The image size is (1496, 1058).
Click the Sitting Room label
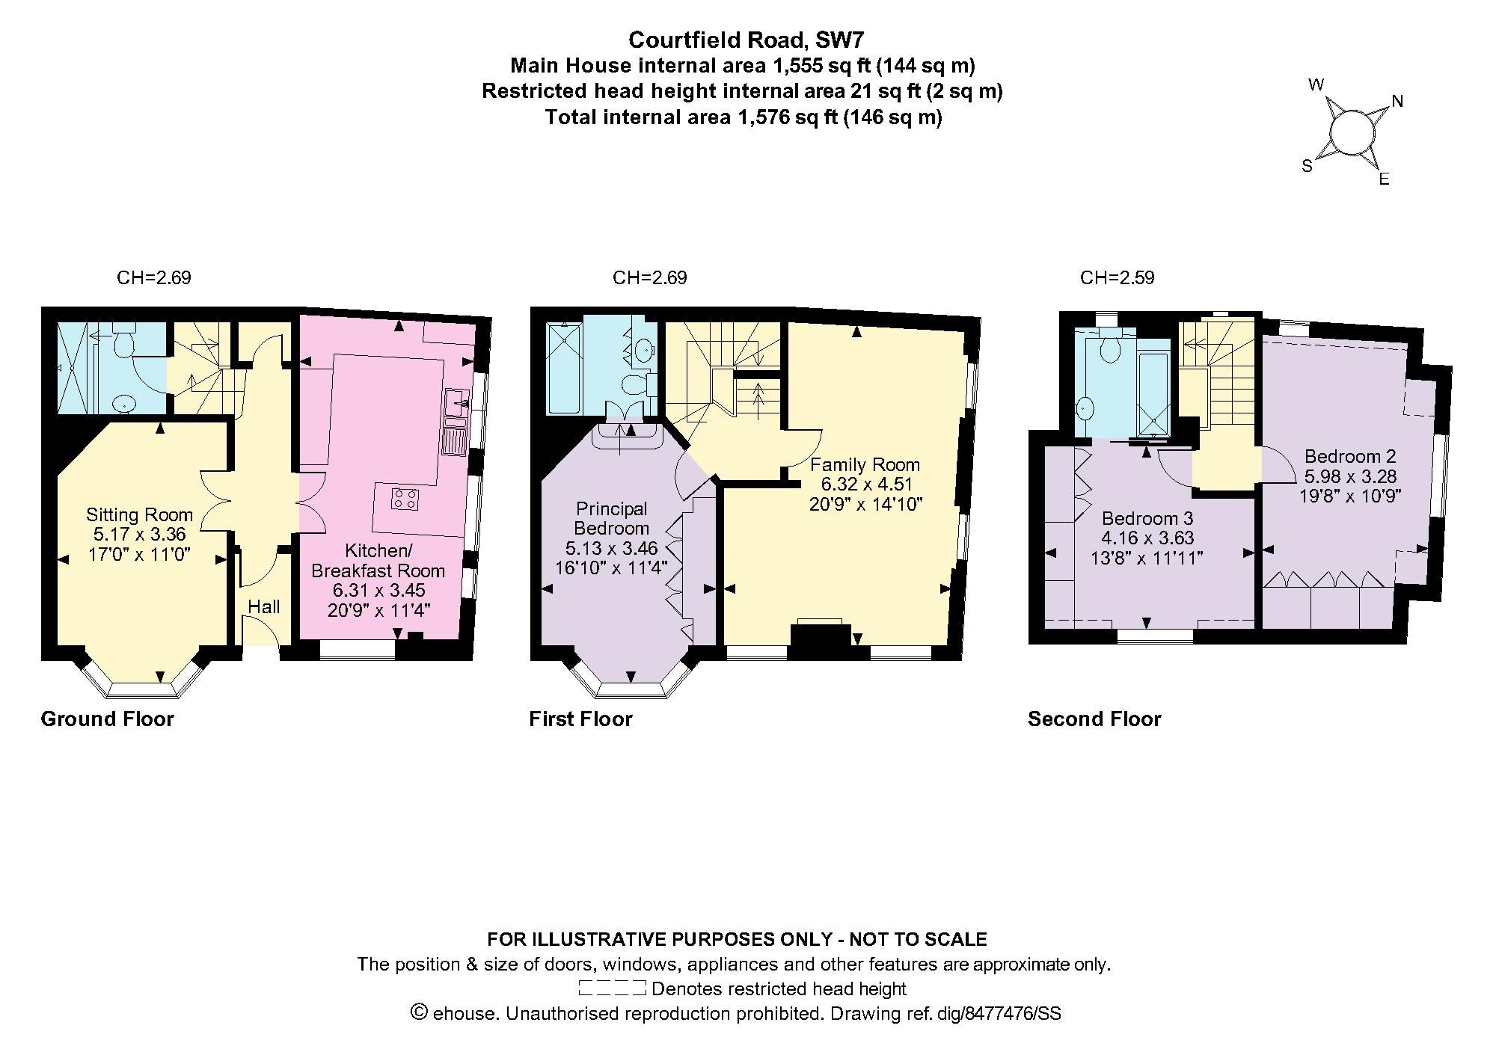[139, 514]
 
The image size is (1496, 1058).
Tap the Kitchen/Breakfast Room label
[378, 561]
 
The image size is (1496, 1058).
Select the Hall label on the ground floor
[264, 606]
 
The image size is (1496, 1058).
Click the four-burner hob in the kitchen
[405, 499]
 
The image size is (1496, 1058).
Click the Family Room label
[865, 464]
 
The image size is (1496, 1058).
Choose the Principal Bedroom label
[611, 518]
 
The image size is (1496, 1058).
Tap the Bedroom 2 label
[1351, 456]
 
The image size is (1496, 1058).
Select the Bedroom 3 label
[1147, 518]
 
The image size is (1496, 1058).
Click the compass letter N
[1397, 102]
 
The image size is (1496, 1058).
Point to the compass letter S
[1308, 166]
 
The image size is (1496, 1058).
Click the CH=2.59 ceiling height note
[1117, 278]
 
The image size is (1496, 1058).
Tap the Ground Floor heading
[107, 719]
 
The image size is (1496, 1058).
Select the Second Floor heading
[1094, 719]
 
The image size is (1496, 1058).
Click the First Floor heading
[580, 719]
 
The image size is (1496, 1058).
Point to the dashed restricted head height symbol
[612, 988]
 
